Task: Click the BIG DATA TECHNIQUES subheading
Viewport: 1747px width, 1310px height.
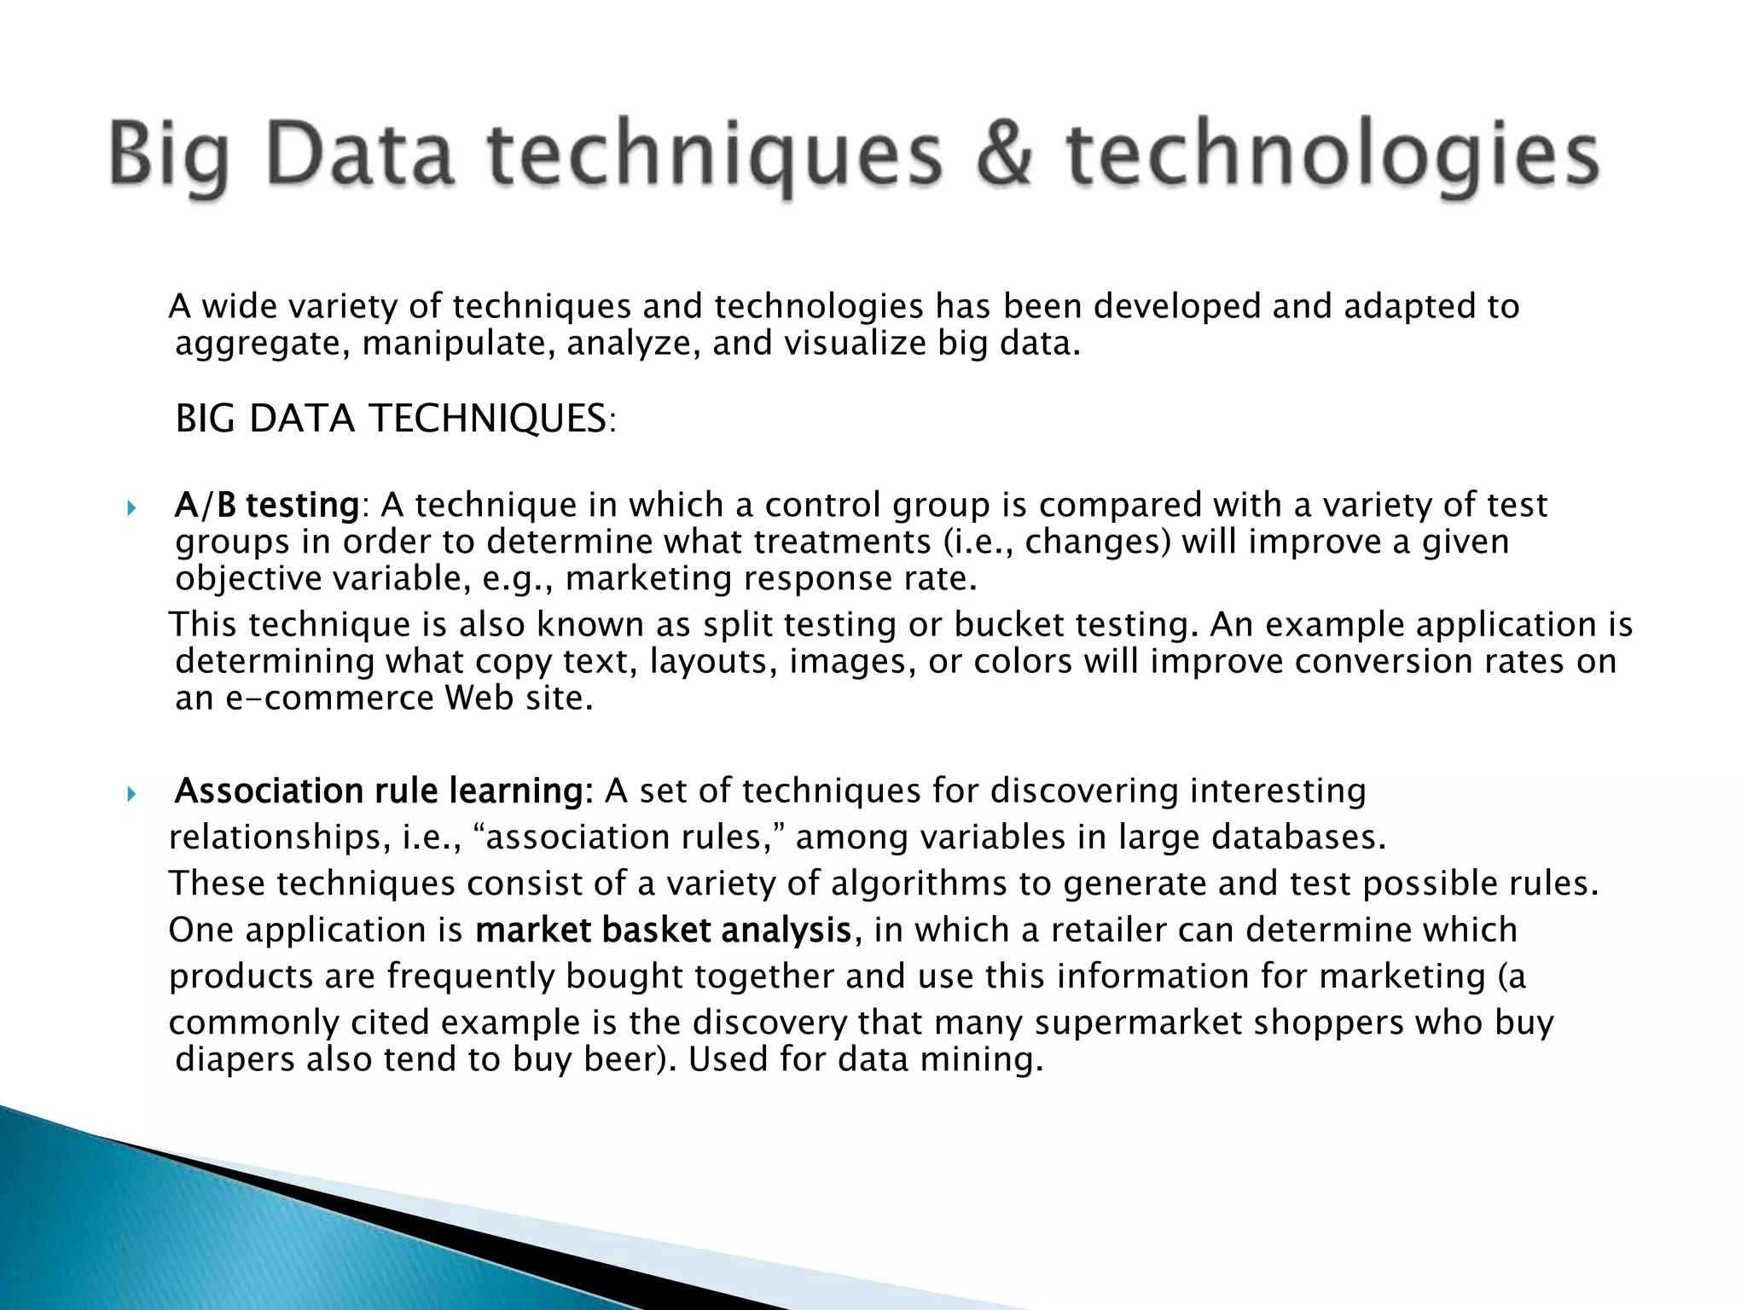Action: pos(394,419)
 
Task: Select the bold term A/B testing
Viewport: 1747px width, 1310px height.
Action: pos(266,506)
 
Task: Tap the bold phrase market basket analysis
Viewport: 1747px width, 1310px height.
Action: pos(663,929)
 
